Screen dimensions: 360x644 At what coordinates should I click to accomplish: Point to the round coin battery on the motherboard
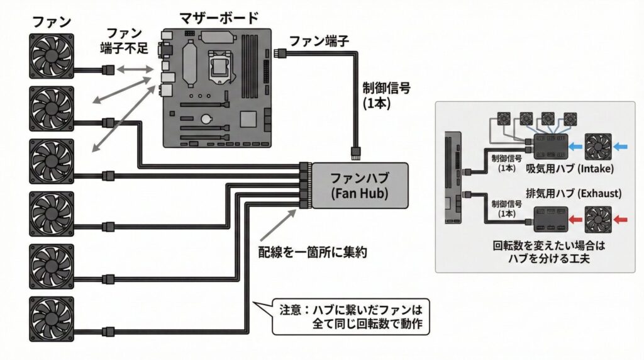[x=206, y=118]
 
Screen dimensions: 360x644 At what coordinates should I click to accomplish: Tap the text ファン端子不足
[x=124, y=41]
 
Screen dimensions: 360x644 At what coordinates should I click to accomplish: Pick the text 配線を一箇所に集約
[x=313, y=252]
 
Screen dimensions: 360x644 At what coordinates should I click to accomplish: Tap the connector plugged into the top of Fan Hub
[x=356, y=152]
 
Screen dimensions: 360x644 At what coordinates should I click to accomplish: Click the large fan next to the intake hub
[x=599, y=146]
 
